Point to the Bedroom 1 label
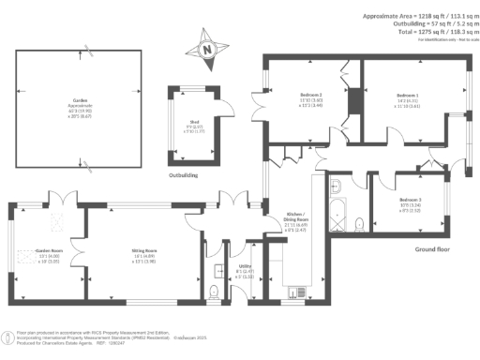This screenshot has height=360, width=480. coord(407,96)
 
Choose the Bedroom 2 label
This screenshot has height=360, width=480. coord(310,96)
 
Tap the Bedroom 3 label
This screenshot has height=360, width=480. coord(412,201)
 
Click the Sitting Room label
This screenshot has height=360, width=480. coord(143,250)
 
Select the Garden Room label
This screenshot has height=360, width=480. coord(48,251)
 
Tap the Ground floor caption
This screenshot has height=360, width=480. coord(433,249)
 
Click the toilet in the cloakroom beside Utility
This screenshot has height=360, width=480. coord(216,292)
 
